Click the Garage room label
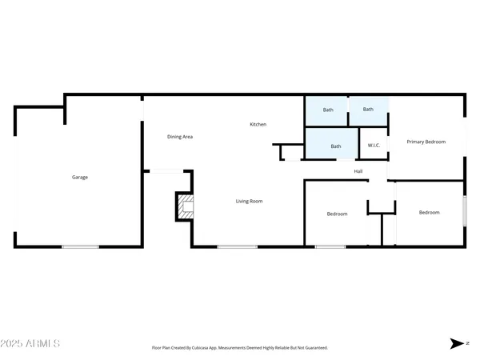tap(80, 177)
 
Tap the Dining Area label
tap(180, 137)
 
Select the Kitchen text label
tap(258, 124)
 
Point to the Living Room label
tap(249, 201)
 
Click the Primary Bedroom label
tap(426, 142)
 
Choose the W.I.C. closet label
tap(374, 146)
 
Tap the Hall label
tap(359, 171)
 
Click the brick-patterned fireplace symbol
tap(185, 206)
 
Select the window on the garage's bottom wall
tap(80, 246)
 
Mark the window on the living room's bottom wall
tap(232, 246)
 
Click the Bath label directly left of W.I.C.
tap(336, 146)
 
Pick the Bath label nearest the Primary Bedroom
tap(368, 110)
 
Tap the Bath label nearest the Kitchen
tap(328, 110)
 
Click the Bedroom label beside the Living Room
tap(337, 214)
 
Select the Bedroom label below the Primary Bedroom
tap(430, 212)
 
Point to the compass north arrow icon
tap(457, 343)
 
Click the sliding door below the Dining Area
tap(166, 170)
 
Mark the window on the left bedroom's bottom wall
tap(330, 246)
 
